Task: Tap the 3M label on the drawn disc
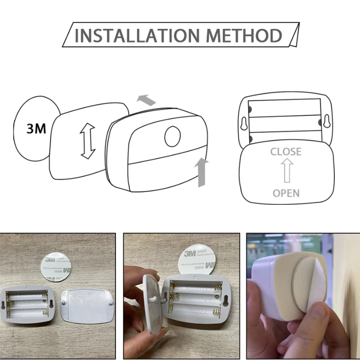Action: point(36,129)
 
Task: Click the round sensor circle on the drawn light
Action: point(172,137)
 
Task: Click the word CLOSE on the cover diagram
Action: point(286,152)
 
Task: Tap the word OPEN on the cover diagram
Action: point(286,193)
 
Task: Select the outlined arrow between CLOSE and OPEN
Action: point(286,172)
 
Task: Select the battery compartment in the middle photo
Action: point(198,299)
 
